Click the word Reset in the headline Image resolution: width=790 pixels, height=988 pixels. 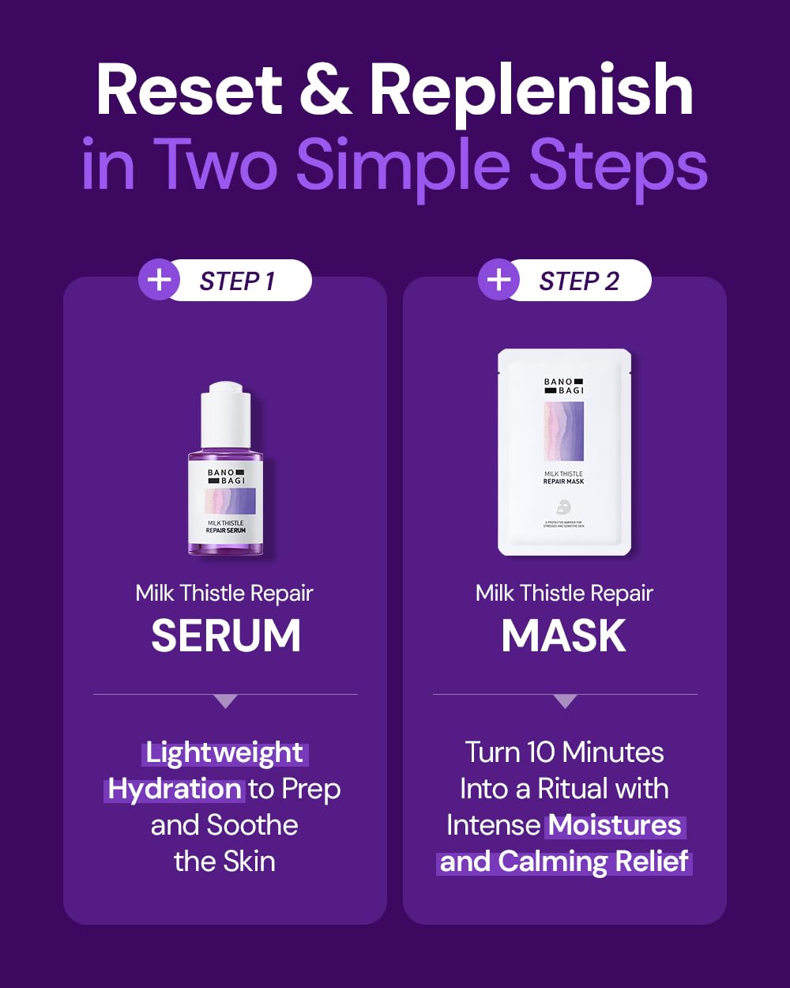[188, 91]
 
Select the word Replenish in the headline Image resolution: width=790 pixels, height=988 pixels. [531, 91]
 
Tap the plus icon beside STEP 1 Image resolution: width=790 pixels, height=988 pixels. [159, 280]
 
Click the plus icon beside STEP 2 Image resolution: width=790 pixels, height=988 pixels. [498, 280]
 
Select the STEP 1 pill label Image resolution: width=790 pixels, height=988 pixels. [237, 281]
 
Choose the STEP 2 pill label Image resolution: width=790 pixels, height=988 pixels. [578, 281]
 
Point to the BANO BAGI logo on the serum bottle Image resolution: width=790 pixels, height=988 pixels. [226, 477]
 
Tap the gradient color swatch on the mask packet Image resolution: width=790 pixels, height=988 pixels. [564, 432]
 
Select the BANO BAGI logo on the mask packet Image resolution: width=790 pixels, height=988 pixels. [564, 386]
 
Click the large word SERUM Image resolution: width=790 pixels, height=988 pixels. [226, 635]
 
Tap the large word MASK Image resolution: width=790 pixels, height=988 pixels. [564, 635]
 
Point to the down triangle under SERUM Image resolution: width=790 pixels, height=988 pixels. [225, 701]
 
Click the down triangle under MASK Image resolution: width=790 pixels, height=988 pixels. [565, 701]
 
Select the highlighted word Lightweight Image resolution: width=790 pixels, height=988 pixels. [224, 752]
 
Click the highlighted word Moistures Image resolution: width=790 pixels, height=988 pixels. [615, 825]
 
